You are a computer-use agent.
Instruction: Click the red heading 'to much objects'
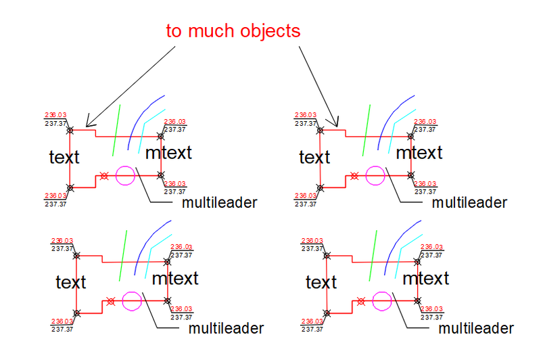(233, 31)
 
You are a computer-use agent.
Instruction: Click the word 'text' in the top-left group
(64, 158)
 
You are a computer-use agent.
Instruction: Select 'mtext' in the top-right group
(419, 153)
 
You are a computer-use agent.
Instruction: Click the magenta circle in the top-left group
(125, 176)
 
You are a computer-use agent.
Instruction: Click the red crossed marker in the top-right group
(354, 176)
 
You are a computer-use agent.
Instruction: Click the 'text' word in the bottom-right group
(321, 282)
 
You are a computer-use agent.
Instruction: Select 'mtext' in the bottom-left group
(175, 278)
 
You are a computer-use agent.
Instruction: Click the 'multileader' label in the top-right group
(469, 202)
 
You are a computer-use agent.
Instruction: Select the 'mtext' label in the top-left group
(169, 153)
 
